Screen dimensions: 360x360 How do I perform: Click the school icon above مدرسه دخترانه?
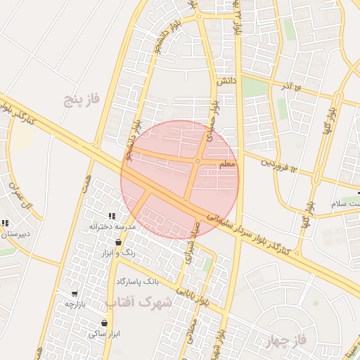[111, 216]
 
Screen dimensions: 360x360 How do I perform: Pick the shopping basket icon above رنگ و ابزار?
[117, 242]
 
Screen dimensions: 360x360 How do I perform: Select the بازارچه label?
[75, 304]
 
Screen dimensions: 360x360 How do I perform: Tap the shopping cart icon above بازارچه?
[75, 293]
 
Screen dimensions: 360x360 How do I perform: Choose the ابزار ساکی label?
[103, 333]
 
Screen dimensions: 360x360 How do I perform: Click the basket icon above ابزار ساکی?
[104, 323]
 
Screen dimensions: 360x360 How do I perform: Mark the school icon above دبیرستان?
[5, 224]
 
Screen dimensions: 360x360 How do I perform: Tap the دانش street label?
[226, 82]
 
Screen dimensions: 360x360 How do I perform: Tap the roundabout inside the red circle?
[198, 162]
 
